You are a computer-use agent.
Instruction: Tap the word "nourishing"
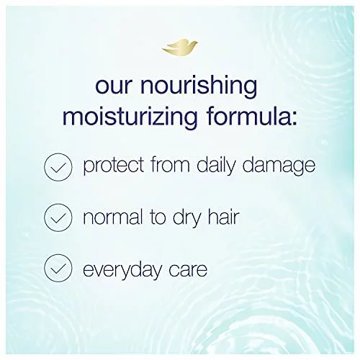tap(198, 86)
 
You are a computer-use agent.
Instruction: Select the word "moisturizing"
tap(130, 117)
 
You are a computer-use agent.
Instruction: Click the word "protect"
tap(114, 166)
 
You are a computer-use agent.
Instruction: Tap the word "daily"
tap(215, 166)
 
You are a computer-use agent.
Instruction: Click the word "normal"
tap(113, 217)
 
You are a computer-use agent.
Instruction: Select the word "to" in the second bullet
tap(158, 217)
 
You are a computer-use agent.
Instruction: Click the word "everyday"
tap(122, 270)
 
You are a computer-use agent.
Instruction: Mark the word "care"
tap(188, 271)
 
